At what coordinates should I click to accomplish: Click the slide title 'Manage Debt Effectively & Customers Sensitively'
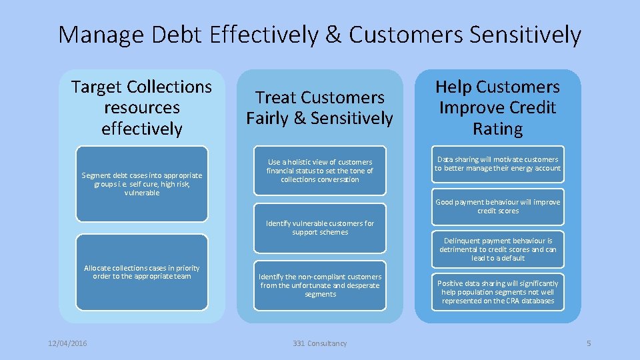coord(319,35)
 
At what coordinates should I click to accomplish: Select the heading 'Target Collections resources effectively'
coord(141,107)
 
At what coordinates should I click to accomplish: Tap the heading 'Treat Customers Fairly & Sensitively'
coord(319,108)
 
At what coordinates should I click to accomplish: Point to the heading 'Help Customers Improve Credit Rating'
coord(497,107)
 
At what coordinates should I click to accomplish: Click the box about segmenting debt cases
coord(141,184)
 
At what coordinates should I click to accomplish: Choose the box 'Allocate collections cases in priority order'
coord(141,272)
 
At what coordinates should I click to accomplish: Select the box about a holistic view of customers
coord(320,171)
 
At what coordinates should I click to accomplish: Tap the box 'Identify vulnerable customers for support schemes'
coord(320,228)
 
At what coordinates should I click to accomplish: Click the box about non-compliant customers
coord(320,285)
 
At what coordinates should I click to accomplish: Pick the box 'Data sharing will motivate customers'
coord(497,164)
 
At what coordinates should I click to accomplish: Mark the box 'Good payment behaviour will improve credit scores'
coord(497,207)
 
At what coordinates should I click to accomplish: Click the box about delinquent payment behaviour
coord(497,249)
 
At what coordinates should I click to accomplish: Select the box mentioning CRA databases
coord(497,292)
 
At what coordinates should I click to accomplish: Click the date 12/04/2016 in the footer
coord(67,343)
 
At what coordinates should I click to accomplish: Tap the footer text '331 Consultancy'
coord(320,343)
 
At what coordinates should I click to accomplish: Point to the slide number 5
coord(589,343)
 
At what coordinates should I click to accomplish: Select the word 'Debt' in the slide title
coord(179,35)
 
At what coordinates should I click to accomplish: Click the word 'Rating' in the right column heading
coord(497,129)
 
